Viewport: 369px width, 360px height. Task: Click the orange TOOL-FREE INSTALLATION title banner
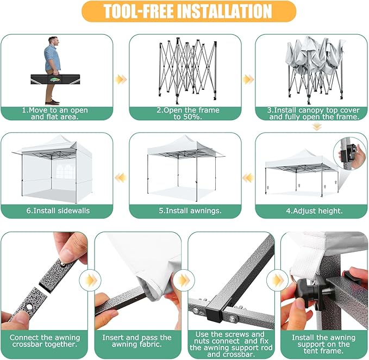click(189, 11)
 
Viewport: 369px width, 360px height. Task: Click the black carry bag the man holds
click(55, 79)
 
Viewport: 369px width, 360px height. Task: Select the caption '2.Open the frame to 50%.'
click(188, 113)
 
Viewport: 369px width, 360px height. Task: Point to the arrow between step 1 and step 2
click(121, 79)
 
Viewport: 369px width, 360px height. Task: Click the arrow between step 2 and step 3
click(248, 79)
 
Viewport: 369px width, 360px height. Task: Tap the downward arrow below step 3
click(317, 127)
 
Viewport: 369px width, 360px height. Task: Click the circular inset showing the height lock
click(349, 154)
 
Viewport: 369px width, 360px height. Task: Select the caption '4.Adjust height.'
click(314, 211)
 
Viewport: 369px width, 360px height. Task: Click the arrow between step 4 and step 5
click(248, 177)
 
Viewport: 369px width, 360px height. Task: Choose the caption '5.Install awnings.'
click(190, 210)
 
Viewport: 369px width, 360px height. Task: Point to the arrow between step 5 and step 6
click(121, 177)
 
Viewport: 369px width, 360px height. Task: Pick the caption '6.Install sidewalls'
click(58, 210)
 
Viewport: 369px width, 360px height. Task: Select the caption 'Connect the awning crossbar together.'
click(45, 340)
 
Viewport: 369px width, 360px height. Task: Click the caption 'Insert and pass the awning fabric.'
click(137, 340)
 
